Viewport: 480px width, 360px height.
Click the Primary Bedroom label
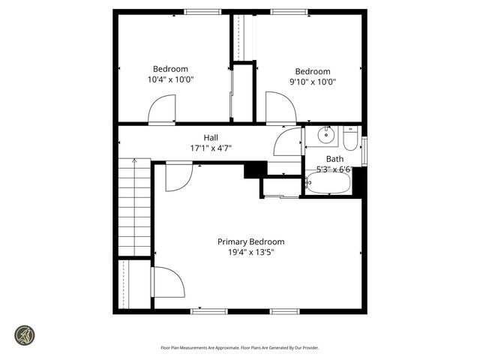coord(250,241)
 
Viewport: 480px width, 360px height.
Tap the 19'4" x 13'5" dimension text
coord(250,253)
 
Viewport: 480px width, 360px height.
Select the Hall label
coord(211,137)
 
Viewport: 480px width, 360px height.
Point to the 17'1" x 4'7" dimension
coord(211,148)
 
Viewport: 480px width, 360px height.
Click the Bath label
coord(334,158)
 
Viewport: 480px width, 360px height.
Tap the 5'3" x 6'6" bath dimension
coord(334,169)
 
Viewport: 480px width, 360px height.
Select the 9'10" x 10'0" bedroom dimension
coord(312,82)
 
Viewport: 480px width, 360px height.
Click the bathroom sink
coord(325,136)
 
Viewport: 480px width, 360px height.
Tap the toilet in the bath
coord(350,139)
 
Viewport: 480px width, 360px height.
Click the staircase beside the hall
coord(135,206)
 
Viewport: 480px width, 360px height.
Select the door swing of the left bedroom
coord(162,109)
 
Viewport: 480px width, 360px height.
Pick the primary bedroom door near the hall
coord(178,177)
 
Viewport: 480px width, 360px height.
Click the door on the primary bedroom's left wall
coord(167,283)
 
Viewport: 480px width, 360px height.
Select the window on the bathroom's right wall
coord(364,150)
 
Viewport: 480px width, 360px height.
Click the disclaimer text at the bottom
coord(240,347)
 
